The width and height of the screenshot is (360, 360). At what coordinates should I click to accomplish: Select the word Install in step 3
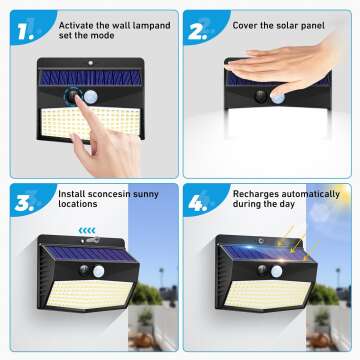(72, 194)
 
